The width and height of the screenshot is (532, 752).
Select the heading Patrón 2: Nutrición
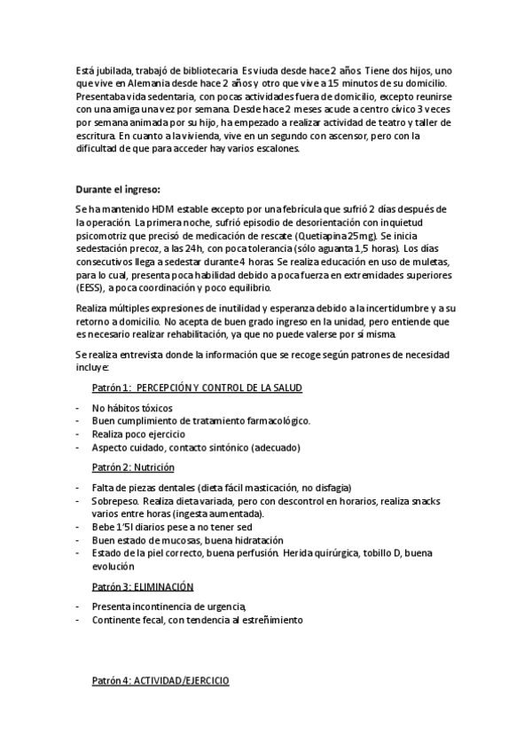pos(133,466)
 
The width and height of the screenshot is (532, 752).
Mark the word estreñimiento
pos(267,620)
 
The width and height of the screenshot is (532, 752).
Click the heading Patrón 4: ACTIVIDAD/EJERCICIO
pos(160,680)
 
